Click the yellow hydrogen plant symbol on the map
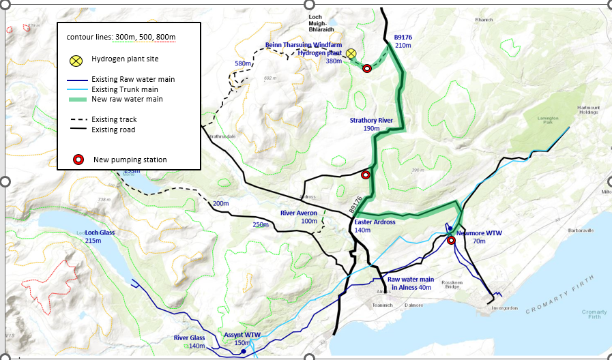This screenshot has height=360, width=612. [x=351, y=54]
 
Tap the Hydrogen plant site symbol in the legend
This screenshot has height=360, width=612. [x=77, y=59]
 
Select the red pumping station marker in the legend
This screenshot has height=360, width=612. [x=78, y=160]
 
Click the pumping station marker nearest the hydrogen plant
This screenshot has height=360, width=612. [x=366, y=67]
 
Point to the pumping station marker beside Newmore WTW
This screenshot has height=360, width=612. [x=450, y=240]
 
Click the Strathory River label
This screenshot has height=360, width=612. [x=371, y=120]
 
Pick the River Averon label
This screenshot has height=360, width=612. [x=299, y=213]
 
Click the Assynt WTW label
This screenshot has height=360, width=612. [x=242, y=335]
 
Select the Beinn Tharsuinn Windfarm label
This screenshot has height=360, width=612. [x=304, y=44]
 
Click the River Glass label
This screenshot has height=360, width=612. [x=189, y=338]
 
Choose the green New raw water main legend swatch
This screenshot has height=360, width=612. [x=77, y=100]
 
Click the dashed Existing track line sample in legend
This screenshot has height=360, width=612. [x=77, y=119]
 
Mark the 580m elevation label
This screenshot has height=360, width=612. [x=244, y=63]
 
